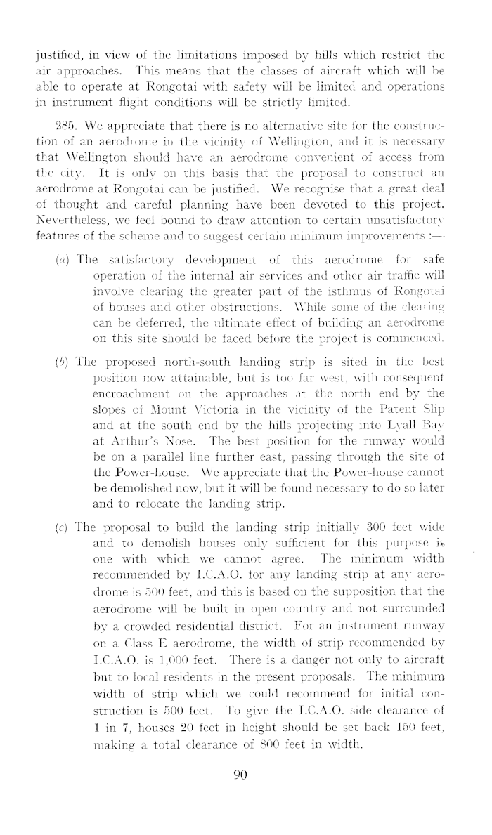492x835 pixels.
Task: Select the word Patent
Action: coord(379,428)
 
